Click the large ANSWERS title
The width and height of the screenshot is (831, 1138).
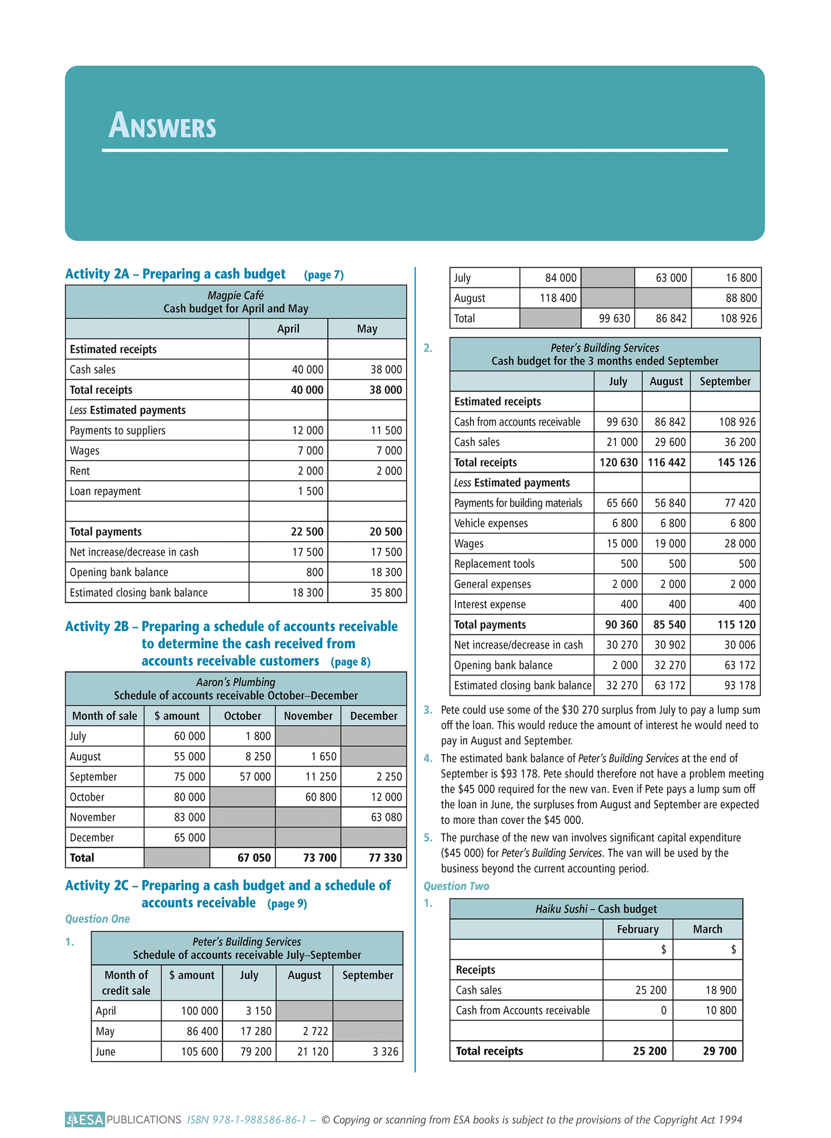[163, 126]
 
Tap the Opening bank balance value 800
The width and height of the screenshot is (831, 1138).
[315, 572]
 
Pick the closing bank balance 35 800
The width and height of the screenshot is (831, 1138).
[386, 592]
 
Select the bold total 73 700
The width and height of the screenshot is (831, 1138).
[320, 857]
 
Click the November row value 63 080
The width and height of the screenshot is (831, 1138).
[386, 817]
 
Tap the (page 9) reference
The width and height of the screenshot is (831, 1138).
[287, 903]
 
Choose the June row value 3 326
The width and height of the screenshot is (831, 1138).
[385, 1051]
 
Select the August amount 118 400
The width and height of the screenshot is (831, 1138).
[558, 298]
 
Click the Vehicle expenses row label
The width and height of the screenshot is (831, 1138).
[491, 523]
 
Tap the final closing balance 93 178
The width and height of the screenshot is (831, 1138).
[740, 685]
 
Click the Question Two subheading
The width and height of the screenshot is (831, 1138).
[456, 886]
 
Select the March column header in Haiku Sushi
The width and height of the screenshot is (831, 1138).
[707, 929]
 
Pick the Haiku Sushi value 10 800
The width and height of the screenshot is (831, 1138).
[721, 1010]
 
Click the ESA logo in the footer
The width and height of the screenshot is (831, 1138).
[85, 1119]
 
